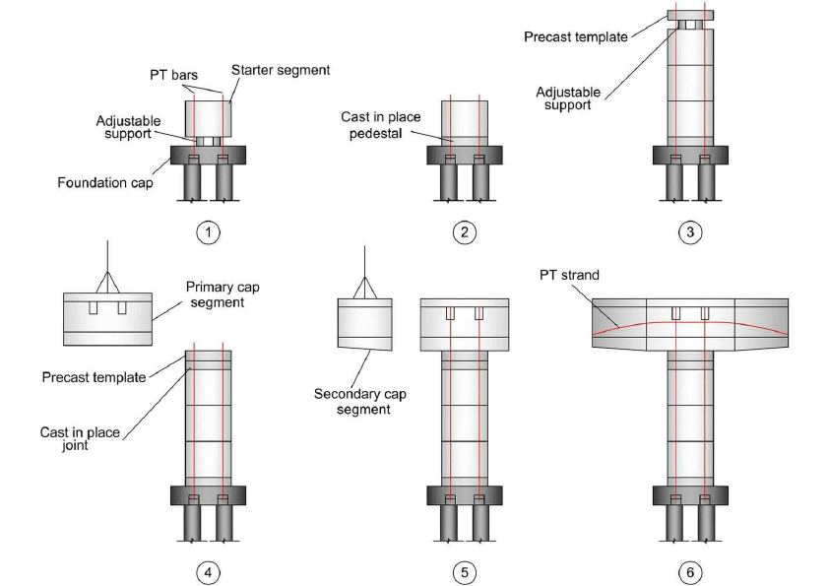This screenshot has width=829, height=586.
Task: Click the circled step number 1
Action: (x=208, y=233)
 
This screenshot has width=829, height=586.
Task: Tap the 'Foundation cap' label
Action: (x=104, y=182)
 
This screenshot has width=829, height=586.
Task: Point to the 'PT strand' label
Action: (x=567, y=275)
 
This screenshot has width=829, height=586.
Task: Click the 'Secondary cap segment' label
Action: (x=359, y=401)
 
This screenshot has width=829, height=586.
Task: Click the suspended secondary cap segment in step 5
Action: (x=365, y=322)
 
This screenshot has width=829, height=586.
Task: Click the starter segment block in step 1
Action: (x=208, y=117)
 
